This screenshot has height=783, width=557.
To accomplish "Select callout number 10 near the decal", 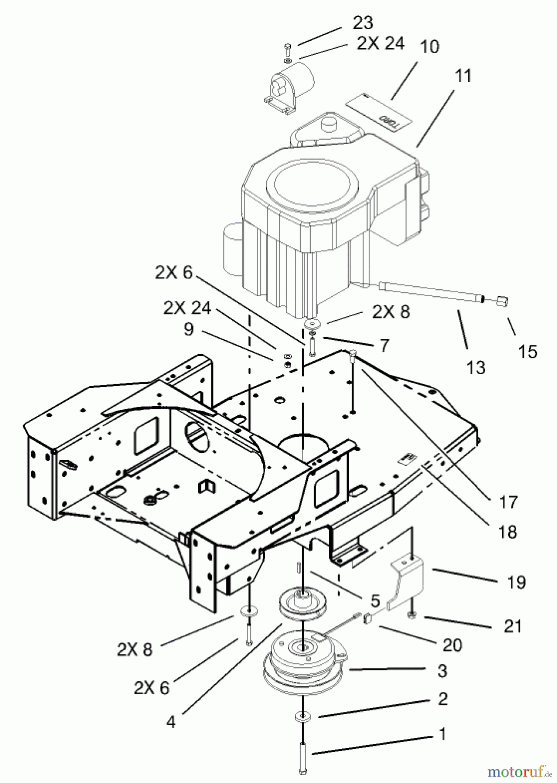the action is point(430,47).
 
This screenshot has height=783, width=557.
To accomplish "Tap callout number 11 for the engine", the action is point(463,76).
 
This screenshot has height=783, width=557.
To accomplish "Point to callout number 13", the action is point(476,368).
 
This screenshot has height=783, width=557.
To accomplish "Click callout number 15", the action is point(527,351).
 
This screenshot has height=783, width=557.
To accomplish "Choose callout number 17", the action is point(508,502).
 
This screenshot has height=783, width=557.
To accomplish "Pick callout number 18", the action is point(507,532).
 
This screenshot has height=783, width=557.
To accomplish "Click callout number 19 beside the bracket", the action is point(516,582).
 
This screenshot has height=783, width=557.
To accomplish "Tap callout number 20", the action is point(452,645).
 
